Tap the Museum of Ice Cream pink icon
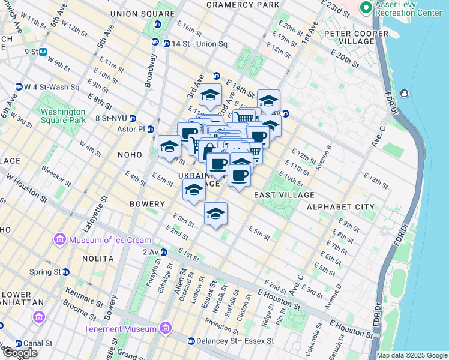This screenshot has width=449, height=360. tap(59, 240)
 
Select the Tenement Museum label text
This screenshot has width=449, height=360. tap(121, 329)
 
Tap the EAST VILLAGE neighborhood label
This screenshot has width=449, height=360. tap(284, 195)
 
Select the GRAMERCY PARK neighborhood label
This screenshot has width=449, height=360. tap(243, 5)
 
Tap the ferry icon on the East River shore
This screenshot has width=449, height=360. tap(404, 93)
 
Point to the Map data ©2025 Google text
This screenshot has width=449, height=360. tap(412, 355)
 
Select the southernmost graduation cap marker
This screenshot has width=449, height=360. tap(215, 214)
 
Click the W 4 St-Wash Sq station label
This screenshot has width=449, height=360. tap(51, 87)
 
